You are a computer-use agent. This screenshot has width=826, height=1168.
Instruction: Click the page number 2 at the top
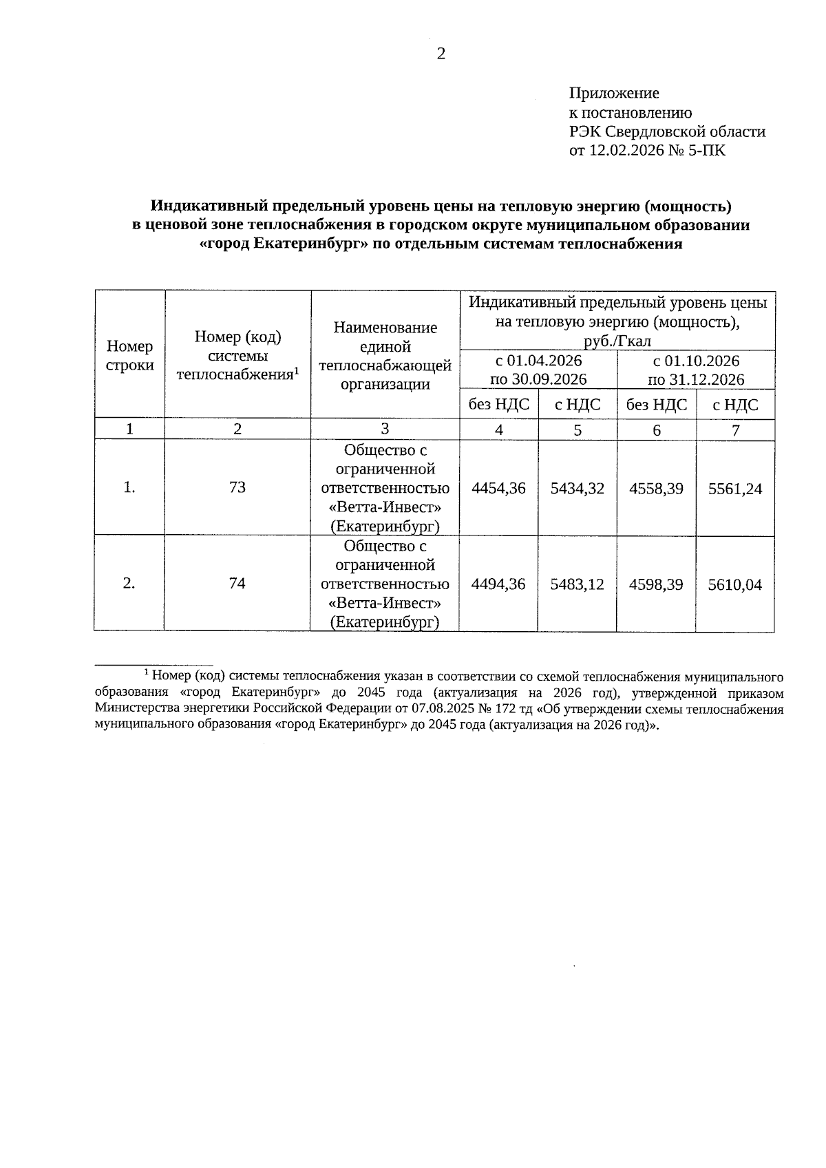(441, 54)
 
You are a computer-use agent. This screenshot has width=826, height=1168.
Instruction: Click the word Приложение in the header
(614, 93)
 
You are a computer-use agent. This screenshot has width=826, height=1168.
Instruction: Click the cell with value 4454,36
(498, 489)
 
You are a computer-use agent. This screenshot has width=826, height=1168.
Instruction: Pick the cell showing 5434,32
(578, 489)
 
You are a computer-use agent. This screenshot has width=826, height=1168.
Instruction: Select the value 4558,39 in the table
(656, 489)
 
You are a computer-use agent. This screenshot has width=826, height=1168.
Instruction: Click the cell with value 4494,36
(498, 584)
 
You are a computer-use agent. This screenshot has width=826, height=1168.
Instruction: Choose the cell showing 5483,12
(578, 584)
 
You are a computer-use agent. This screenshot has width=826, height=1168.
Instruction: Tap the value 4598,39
(656, 584)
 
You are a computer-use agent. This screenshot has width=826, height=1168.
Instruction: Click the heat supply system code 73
(237, 488)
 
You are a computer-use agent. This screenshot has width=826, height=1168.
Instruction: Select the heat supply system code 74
(237, 584)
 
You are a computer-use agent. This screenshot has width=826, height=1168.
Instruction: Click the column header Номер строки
(129, 355)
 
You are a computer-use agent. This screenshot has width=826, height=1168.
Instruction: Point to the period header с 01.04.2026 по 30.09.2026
(538, 370)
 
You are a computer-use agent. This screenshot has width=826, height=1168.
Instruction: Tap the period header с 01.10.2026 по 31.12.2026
(696, 370)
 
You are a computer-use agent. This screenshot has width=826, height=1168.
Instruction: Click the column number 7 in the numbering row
(735, 430)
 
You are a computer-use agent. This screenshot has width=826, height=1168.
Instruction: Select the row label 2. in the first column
(129, 584)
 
